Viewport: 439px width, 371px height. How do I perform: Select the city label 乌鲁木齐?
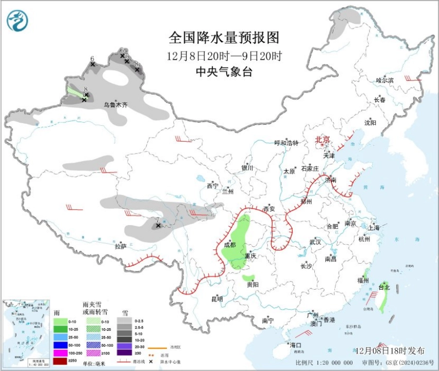click(115, 105)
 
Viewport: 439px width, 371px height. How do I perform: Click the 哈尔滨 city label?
click(384, 80)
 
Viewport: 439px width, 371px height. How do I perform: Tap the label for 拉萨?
click(121, 246)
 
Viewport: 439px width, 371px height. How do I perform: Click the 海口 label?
click(295, 345)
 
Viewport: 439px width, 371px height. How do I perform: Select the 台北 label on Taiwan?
click(384, 287)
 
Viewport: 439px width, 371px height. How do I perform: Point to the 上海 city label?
click(374, 227)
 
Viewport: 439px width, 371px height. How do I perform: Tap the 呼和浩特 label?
click(286, 143)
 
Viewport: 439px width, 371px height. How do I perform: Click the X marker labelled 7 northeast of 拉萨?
click(158, 225)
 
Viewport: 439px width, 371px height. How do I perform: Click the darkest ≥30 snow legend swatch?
click(124, 352)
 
